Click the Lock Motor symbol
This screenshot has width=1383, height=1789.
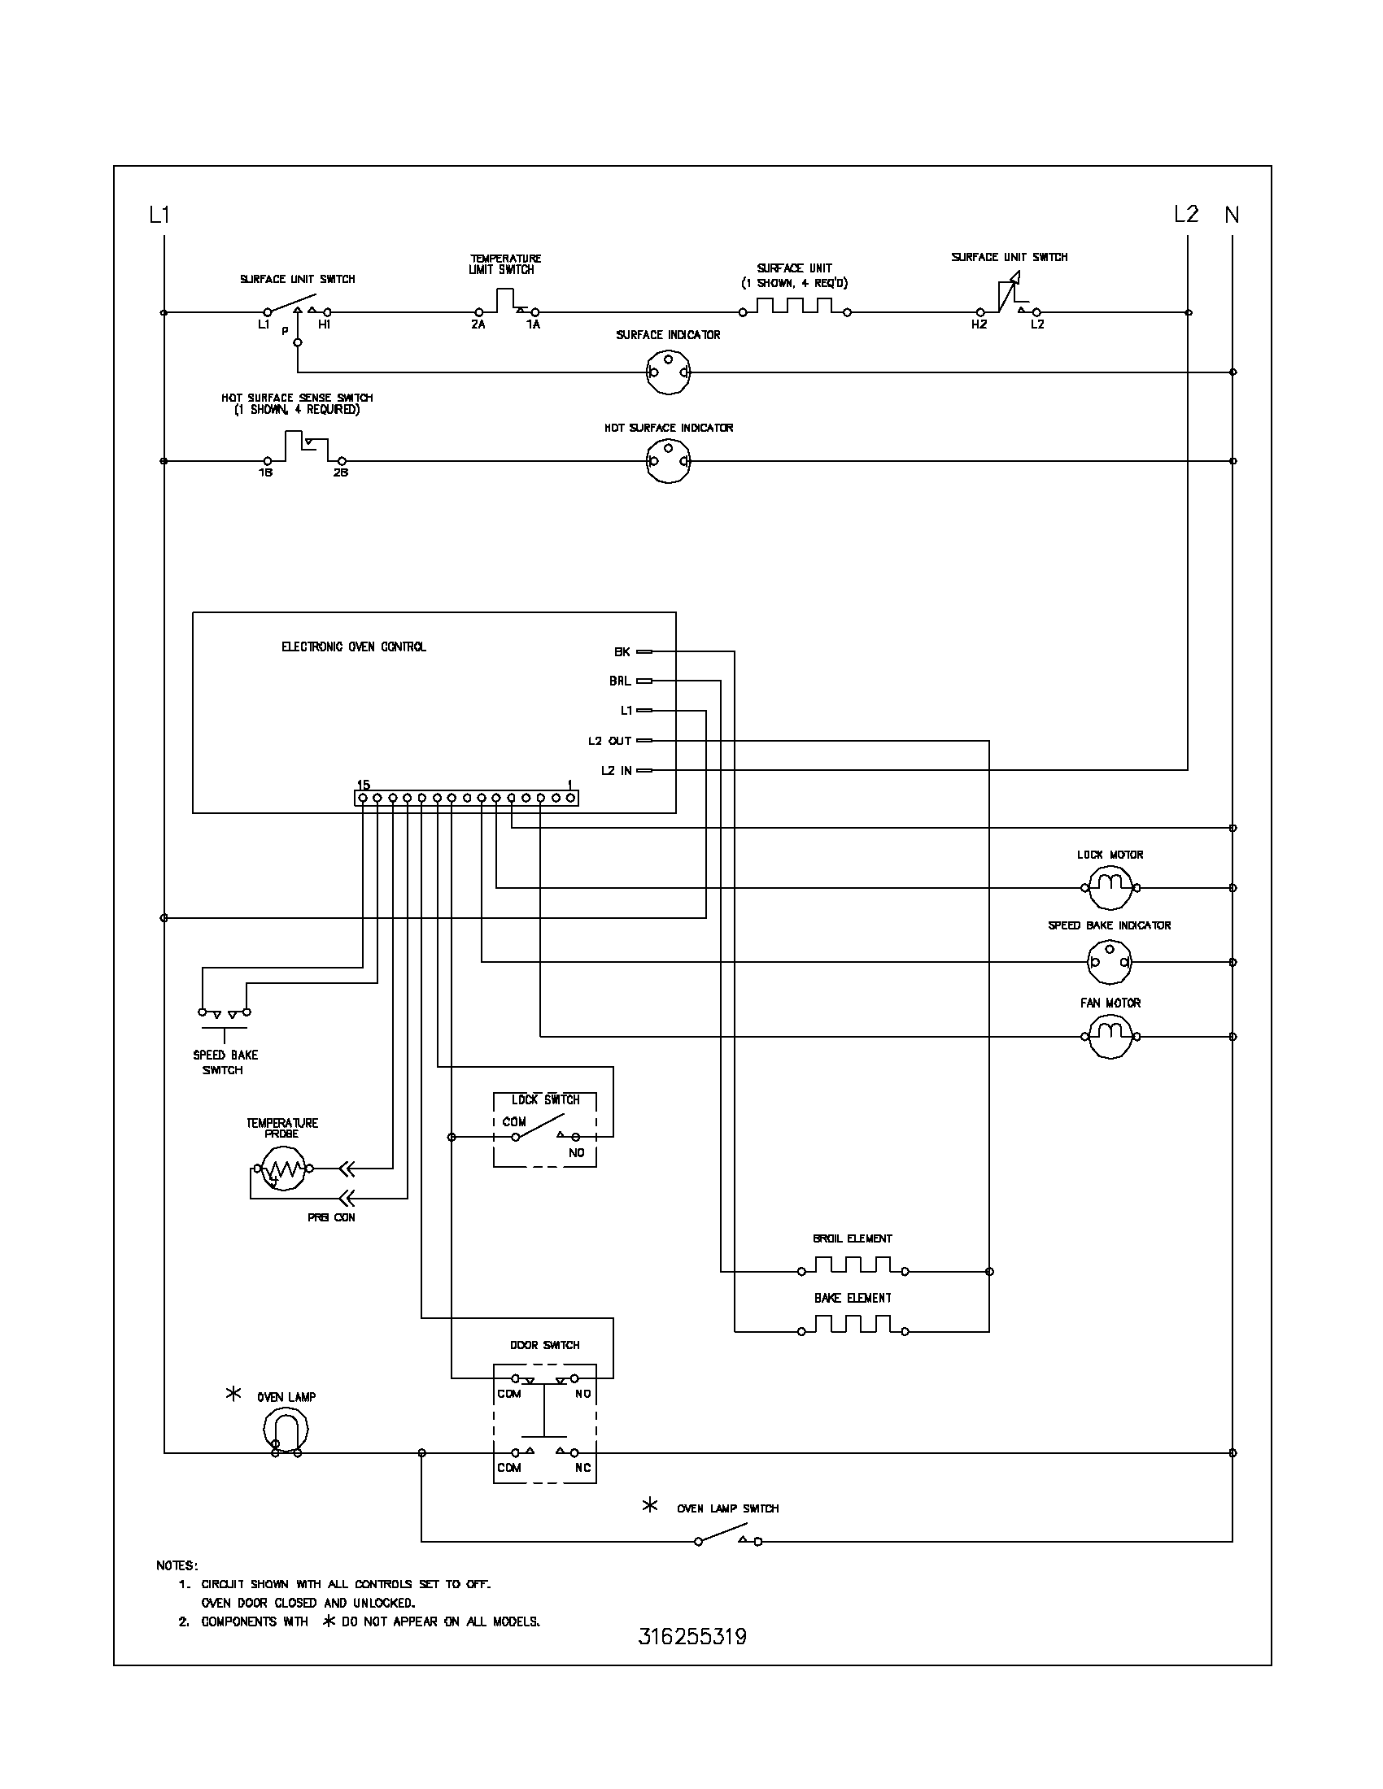point(1110,887)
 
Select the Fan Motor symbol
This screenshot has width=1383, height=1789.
point(1110,1036)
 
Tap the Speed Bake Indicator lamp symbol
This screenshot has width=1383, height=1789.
point(1110,962)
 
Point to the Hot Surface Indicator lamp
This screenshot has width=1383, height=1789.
point(668,460)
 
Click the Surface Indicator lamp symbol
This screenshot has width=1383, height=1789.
point(668,372)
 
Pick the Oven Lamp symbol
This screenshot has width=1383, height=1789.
point(285,1429)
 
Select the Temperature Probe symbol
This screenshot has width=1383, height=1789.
point(280,1168)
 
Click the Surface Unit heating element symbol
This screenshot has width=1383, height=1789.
point(794,308)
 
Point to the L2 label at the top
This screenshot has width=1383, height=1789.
point(1185,215)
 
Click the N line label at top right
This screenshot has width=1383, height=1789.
point(1232,215)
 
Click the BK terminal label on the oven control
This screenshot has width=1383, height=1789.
point(622,652)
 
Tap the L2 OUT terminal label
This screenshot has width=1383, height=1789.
point(609,741)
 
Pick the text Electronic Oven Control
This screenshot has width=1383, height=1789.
point(353,646)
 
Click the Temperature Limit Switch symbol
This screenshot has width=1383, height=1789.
point(505,303)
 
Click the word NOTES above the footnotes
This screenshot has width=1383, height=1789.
point(177,1565)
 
